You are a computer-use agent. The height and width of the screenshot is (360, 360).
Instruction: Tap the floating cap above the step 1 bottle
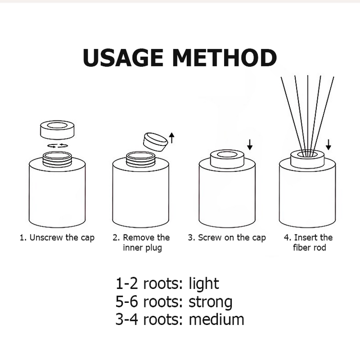(57, 130)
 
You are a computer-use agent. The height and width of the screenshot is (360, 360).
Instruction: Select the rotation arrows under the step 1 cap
(58, 145)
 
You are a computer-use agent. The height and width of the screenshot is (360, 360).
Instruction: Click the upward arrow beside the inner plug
(171, 137)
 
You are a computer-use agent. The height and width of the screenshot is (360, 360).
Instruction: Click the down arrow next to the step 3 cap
(250, 144)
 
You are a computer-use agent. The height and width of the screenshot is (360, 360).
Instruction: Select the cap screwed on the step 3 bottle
(227, 159)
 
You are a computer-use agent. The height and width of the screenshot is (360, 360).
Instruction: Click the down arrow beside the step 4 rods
(328, 144)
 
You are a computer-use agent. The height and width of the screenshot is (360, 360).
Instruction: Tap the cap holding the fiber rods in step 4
(307, 158)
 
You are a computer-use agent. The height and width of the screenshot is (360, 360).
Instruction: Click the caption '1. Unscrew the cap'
(57, 238)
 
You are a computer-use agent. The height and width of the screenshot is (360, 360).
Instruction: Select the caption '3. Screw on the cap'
(227, 238)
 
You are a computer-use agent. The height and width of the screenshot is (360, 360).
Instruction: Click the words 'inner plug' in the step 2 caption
(141, 248)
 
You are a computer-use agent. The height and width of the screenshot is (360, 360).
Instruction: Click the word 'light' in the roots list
(204, 284)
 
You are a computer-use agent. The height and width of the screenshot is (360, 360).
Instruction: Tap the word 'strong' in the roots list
(211, 301)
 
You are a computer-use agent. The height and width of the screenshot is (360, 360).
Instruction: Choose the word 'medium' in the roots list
(216, 319)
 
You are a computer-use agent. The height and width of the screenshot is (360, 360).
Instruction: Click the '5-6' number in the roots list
(127, 301)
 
